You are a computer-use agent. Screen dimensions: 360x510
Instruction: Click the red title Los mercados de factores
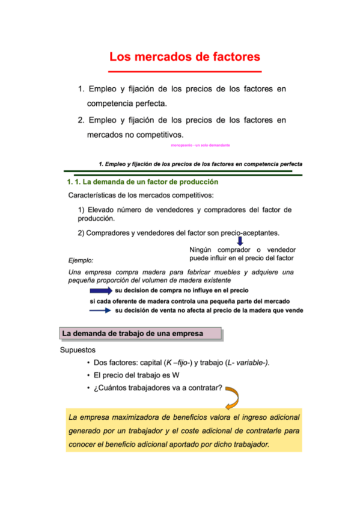(185, 57)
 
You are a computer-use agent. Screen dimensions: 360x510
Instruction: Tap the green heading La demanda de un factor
(142, 181)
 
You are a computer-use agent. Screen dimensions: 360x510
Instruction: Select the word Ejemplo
(82, 260)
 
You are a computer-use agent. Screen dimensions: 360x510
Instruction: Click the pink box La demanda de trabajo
(141, 333)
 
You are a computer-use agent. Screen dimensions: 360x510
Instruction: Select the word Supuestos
(78, 349)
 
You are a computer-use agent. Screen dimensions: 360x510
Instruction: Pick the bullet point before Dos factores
(88, 363)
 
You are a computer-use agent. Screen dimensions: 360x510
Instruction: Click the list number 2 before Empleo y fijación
(81, 120)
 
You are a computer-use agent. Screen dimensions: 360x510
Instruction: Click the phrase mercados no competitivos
(135, 134)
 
